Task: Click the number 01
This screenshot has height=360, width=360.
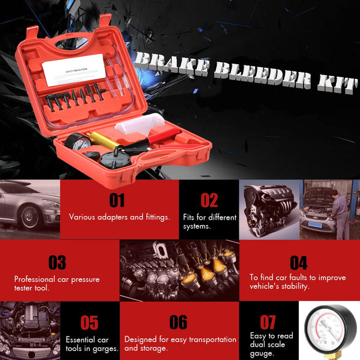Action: (117, 200)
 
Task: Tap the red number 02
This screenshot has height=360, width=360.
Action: (209, 200)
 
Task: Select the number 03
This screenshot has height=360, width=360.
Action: (57, 262)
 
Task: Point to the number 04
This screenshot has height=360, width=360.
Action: (298, 263)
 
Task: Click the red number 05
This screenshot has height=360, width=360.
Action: (89, 323)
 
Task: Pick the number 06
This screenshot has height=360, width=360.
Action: (178, 322)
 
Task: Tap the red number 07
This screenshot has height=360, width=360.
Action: (268, 322)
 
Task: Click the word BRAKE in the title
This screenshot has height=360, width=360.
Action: (171, 63)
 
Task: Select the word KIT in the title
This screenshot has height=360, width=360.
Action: (337, 85)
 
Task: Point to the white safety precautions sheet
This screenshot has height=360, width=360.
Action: (74, 70)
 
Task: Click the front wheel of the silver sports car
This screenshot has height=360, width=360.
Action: (29, 217)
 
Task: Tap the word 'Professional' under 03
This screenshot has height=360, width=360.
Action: (35, 279)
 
